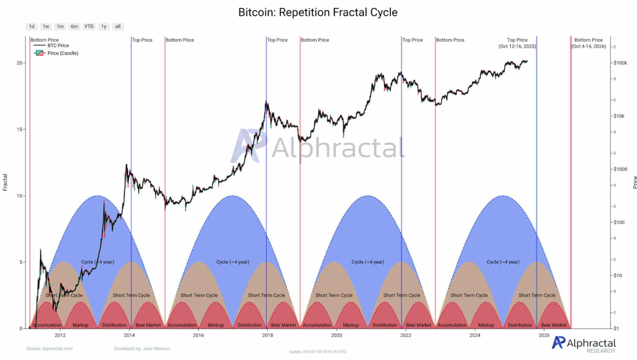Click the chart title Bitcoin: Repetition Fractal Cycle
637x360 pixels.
(x=318, y=12)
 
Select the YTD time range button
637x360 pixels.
(x=89, y=26)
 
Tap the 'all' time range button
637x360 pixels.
(x=118, y=26)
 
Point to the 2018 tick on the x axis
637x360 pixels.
(x=267, y=335)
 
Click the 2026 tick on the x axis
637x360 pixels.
(x=544, y=335)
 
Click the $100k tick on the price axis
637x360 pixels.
(x=620, y=63)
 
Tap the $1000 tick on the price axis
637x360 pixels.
(x=620, y=169)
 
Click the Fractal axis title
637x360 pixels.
(x=5, y=182)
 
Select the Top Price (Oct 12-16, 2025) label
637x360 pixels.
(x=517, y=43)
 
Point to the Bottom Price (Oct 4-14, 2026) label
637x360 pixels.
(x=588, y=43)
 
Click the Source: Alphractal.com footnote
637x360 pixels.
(x=50, y=348)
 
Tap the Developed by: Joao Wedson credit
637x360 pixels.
(x=142, y=348)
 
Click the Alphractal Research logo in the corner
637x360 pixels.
(x=583, y=344)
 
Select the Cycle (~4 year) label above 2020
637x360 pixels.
(x=368, y=262)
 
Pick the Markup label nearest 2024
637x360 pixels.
(x=486, y=325)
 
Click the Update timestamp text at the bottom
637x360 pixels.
(x=318, y=352)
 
